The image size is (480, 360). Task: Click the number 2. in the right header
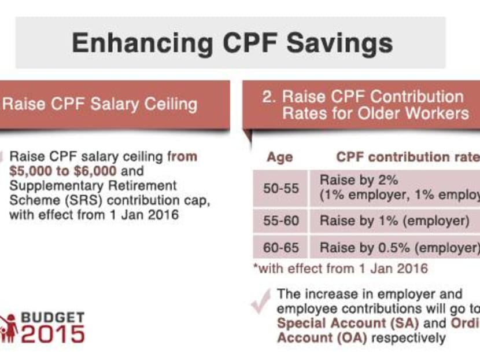click(x=269, y=97)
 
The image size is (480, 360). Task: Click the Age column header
click(x=279, y=157)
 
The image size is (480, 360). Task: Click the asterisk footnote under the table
click(x=340, y=269)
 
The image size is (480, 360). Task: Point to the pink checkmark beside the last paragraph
click(x=261, y=302)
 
